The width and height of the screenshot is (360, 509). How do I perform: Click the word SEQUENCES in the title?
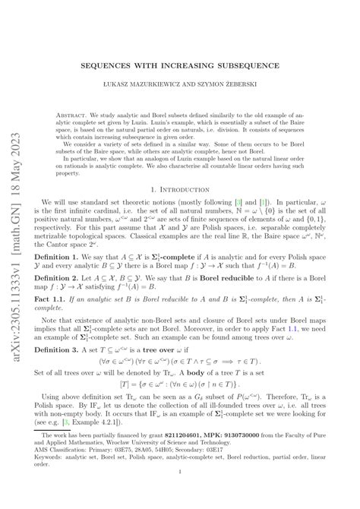[111, 65]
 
